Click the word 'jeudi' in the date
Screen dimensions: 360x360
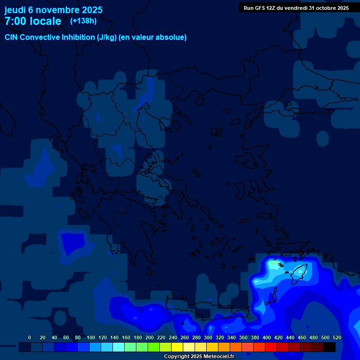(15, 10)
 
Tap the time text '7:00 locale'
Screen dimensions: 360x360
(33, 21)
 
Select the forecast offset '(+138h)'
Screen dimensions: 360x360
(83, 21)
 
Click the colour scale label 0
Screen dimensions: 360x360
(30, 337)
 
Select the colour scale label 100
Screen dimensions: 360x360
(91, 337)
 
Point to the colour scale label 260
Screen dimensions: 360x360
(185, 337)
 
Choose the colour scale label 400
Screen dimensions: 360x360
(267, 337)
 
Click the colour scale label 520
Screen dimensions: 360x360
(337, 337)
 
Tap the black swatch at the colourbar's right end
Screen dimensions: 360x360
(330, 347)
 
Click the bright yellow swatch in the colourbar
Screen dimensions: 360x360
(177, 347)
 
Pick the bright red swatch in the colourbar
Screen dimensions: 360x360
(271, 347)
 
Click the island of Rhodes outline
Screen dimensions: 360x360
(299, 272)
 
